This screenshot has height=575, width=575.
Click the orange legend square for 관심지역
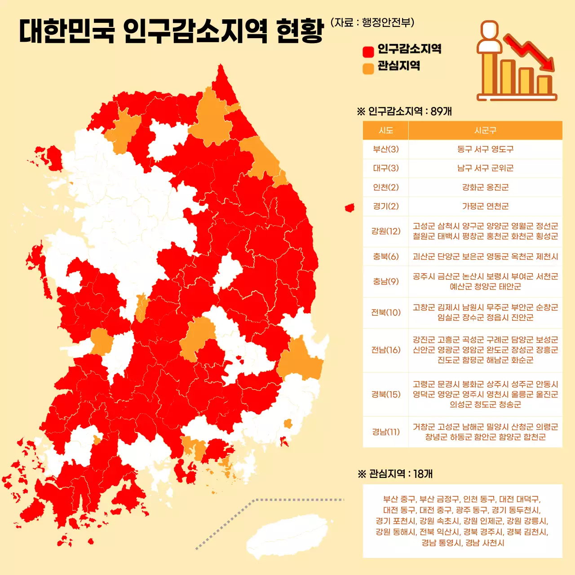(x=368, y=68)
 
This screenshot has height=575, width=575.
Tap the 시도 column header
(x=386, y=130)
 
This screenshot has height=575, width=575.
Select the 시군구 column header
(x=485, y=130)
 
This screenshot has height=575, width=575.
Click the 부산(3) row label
(x=386, y=149)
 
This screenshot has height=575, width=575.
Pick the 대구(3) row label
(x=386, y=168)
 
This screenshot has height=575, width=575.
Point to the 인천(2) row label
(x=386, y=187)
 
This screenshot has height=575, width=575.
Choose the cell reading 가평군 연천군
(x=485, y=206)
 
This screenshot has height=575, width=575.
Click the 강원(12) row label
(x=386, y=231)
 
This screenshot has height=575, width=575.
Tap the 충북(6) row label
(x=386, y=257)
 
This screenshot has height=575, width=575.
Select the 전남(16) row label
(x=386, y=350)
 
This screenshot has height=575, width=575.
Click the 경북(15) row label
(x=386, y=394)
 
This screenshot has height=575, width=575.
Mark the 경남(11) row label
(x=386, y=432)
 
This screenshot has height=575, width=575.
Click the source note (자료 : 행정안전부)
(x=372, y=22)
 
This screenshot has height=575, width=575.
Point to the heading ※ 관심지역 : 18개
(x=395, y=474)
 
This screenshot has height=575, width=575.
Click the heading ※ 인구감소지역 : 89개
(x=404, y=111)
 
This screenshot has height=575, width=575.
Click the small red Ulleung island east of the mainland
(x=349, y=208)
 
